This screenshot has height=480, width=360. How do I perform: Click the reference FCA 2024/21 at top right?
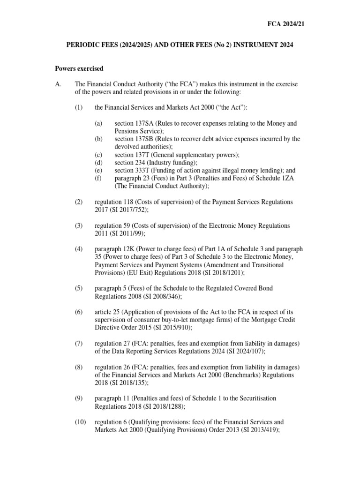coord(285,23)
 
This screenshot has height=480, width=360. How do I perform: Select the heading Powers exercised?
coord(79,68)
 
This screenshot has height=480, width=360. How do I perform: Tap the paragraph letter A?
coord(58,84)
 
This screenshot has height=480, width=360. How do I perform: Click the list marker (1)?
coord(78,107)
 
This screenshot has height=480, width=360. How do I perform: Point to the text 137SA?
coord(145,123)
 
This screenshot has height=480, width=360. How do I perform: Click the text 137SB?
coord(145,139)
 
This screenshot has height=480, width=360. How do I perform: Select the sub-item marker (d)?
coord(98,163)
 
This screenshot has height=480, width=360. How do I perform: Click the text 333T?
coord(145,171)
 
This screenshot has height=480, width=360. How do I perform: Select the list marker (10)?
coord(80,422)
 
